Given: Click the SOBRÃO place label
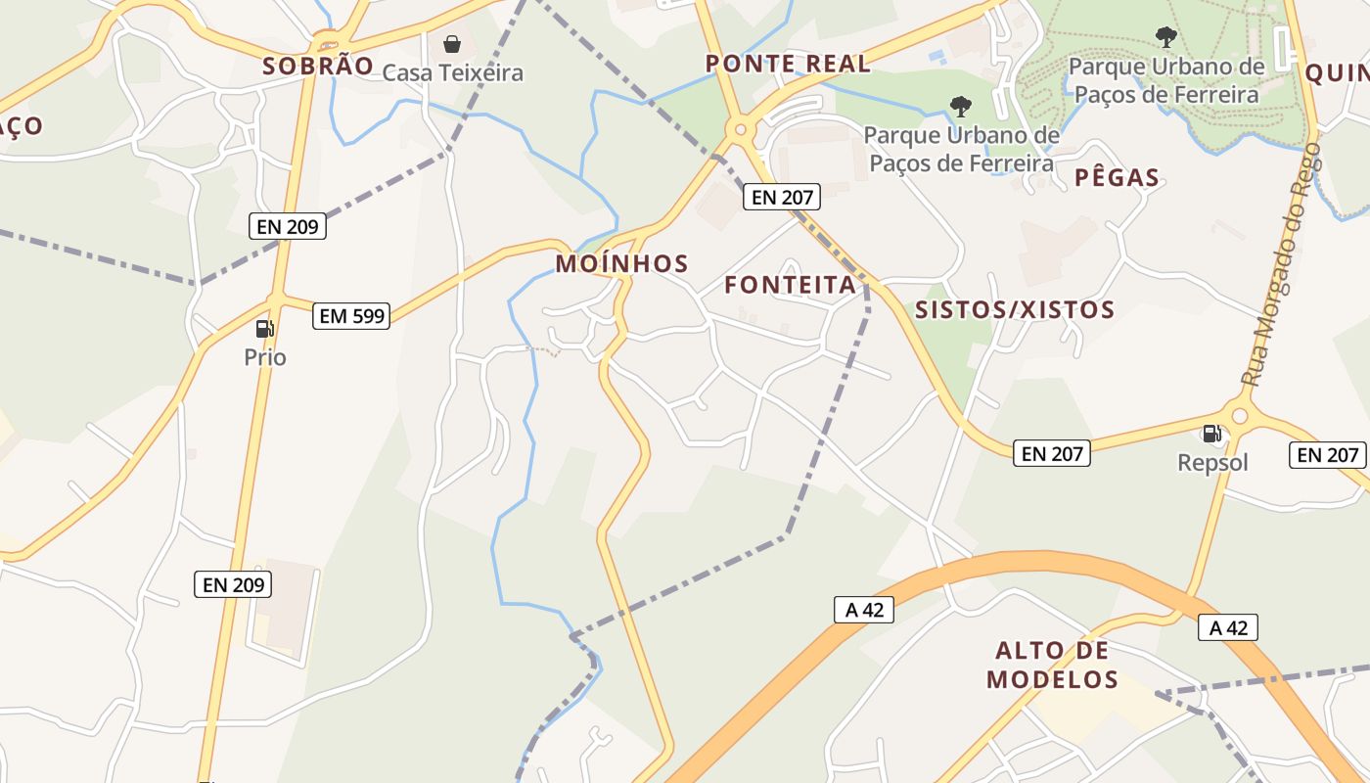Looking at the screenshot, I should tap(318, 67).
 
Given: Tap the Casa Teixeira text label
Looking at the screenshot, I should tap(452, 72).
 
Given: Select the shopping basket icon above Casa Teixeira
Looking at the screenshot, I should tap(452, 44).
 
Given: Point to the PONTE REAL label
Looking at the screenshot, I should tap(788, 64).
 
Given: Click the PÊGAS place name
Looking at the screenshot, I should tap(1117, 178).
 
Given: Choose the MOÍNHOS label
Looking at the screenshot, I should tap(622, 263).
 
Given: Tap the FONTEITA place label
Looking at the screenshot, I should tap(791, 285).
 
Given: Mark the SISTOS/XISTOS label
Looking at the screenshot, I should tap(1014, 310).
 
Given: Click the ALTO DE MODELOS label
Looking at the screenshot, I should tap(1052, 665).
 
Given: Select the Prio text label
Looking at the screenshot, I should tap(265, 357).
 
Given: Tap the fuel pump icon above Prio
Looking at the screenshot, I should tap(264, 329).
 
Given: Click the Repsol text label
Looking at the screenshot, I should tap(1212, 462).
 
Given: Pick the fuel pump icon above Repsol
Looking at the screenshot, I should tap(1211, 433).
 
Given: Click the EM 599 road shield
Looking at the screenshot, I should tap(351, 316).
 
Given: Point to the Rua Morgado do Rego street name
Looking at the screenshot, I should tap(1280, 264).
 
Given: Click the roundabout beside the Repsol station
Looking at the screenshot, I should tap(1240, 416).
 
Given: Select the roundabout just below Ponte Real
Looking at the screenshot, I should tap(740, 129).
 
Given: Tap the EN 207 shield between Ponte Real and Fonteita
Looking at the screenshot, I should tap(780, 197).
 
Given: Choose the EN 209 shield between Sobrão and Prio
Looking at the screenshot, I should tap(287, 226).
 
